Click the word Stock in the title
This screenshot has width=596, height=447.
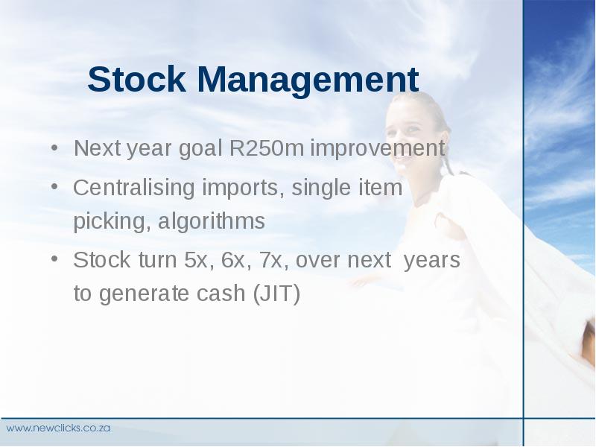[x=137, y=79]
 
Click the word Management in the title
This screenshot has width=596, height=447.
[x=308, y=81]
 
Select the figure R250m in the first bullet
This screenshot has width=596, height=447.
[x=267, y=148]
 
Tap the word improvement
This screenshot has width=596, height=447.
[x=378, y=149]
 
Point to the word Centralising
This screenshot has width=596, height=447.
[x=134, y=188]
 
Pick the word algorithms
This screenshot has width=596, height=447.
[x=212, y=221]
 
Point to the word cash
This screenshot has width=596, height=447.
[x=221, y=293]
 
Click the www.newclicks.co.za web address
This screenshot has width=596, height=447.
[x=58, y=428]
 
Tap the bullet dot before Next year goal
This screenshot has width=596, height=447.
[x=54, y=148]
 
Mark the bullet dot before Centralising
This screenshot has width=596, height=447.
[x=54, y=187]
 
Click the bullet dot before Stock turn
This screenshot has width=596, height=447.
[x=54, y=259]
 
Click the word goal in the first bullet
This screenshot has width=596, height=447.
[x=200, y=148]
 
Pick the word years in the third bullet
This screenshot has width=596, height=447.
[x=432, y=261]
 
